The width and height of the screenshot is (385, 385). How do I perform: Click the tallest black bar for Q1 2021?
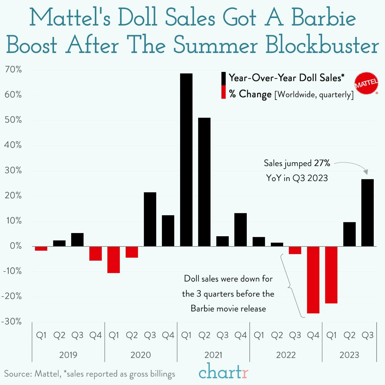coord(186,160)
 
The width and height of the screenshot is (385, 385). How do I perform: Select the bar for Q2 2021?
coord(204,182)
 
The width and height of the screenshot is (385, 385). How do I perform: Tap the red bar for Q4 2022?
coord(313,280)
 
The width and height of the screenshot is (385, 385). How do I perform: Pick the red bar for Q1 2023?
coord(331,275)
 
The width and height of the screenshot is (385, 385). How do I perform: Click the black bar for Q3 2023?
coord(367,213)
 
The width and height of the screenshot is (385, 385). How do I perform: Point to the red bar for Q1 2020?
coord(113,260)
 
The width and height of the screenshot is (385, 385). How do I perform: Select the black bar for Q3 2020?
coord(150,219)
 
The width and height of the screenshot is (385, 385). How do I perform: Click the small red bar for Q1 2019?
coord(41,248)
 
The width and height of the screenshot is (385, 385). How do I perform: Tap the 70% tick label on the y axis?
coord(13,70)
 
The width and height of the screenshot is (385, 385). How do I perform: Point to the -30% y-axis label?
coord(12,321)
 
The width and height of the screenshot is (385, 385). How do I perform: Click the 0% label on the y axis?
coord(15,246)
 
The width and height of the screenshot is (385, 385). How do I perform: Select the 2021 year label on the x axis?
coord(213,355)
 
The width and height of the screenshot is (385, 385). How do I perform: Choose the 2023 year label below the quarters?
coord(349,355)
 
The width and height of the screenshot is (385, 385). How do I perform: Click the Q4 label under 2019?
coord(95,335)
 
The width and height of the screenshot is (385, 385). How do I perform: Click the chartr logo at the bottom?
coord(223,372)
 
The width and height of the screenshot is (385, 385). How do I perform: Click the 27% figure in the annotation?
coord(322,163)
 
